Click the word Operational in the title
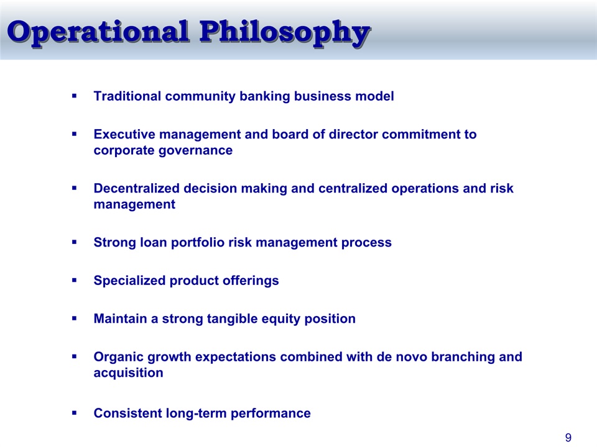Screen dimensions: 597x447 click(98, 31)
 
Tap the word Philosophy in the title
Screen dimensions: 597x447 click(285, 34)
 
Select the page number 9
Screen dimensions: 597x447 click(568, 438)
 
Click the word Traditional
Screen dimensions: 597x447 click(127, 96)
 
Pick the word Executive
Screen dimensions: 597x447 click(124, 134)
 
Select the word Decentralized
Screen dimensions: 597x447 click(137, 188)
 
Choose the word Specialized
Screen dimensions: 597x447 click(129, 281)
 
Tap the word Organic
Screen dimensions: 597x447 click(118, 357)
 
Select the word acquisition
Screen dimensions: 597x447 click(128, 373)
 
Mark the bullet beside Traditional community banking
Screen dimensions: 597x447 click(74, 96)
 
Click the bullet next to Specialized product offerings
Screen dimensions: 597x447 click(74, 280)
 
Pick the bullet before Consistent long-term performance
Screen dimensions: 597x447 click(74, 413)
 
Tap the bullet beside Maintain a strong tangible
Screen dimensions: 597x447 click(74, 318)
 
